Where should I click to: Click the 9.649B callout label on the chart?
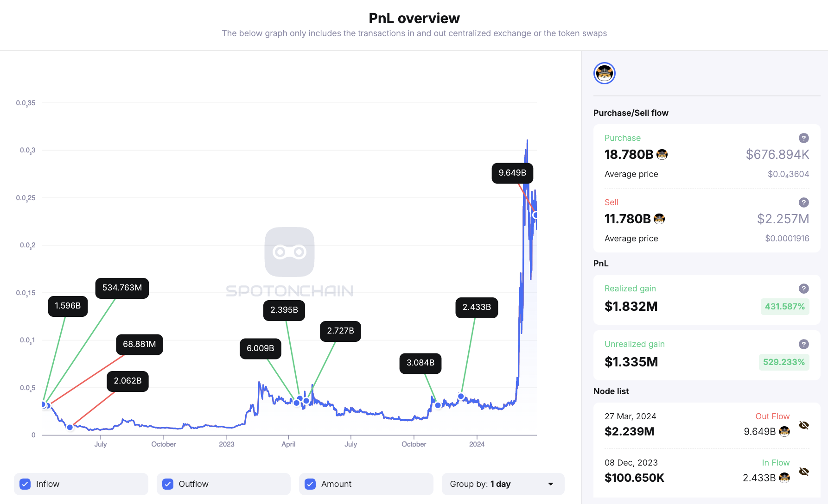512,173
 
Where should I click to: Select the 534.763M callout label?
122,288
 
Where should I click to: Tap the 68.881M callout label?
139,345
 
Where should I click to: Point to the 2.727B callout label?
340,331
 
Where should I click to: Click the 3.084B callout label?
420,363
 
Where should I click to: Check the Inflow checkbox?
25,484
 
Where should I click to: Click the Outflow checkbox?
168,484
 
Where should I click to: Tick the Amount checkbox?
310,484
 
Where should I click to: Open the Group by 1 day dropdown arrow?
551,484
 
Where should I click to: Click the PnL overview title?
414,19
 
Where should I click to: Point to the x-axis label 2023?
226,444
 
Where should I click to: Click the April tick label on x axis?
288,444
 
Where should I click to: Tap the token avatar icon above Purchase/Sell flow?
604,73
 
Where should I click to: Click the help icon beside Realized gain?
804,289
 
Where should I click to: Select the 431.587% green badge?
784,307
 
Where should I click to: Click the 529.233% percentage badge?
783,362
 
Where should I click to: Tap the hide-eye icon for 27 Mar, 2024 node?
804,425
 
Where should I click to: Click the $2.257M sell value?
783,219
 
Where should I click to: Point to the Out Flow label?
772,416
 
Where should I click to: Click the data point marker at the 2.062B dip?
70,427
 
